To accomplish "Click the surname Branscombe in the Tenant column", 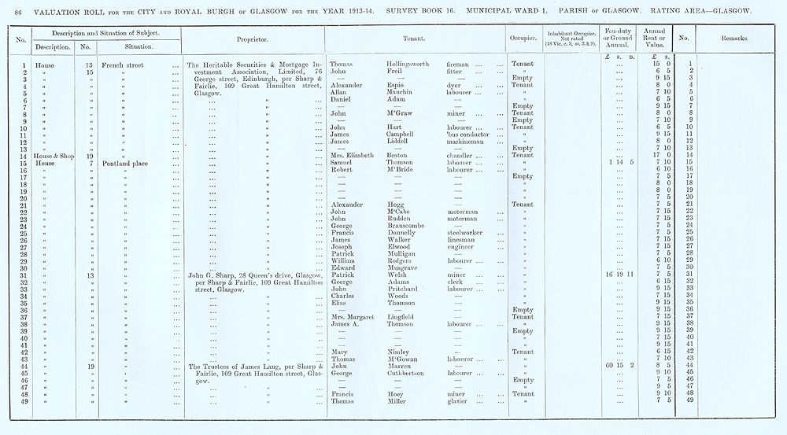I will point(408,226).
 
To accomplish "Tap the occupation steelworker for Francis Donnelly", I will point(467,233).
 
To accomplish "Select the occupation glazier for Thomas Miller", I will point(458,400).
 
